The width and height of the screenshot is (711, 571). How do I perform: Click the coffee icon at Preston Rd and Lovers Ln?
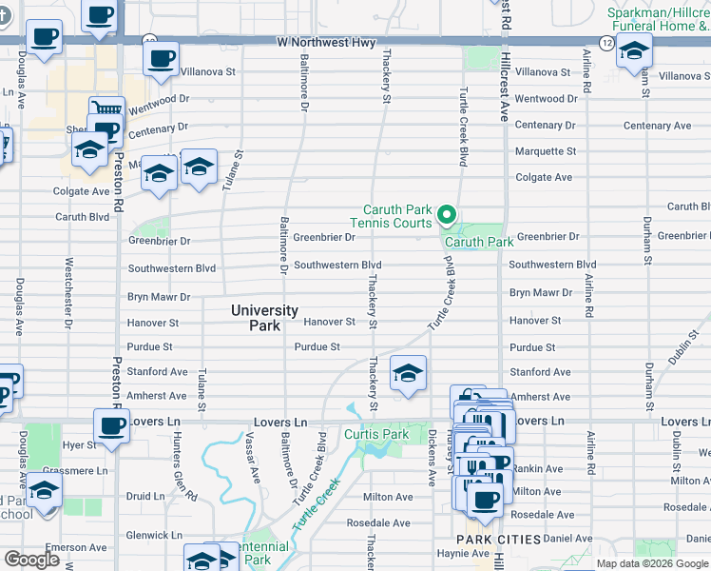(111, 425)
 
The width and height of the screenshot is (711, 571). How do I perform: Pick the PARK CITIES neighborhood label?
(499, 540)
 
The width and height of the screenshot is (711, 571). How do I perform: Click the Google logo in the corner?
(31, 560)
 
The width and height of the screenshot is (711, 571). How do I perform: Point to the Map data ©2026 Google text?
(652, 563)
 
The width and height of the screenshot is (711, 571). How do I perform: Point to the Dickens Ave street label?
(432, 457)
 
